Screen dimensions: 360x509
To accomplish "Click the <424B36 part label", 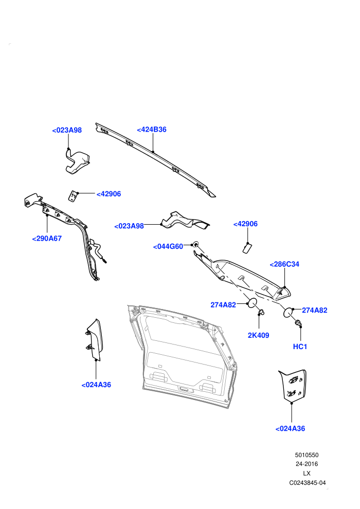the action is [x=152, y=130].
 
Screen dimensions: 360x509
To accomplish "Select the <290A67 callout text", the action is [x=47, y=239].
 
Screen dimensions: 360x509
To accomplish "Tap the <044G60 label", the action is [x=168, y=247].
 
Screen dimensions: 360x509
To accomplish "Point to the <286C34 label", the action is [x=284, y=264].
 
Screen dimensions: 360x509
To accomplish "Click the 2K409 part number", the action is [x=258, y=335].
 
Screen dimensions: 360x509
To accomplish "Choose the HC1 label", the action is [x=300, y=347].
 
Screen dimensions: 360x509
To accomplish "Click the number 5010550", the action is [x=307, y=455].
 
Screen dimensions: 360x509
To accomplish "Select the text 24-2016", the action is [x=307, y=464].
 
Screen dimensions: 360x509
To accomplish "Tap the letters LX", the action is [x=307, y=474].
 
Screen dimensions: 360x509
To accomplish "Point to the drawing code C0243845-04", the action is [x=308, y=483].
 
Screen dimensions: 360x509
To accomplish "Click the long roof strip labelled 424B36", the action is [x=156, y=158].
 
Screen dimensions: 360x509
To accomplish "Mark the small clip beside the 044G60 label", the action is [x=196, y=244].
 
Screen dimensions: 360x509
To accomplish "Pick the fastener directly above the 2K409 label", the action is [x=261, y=312].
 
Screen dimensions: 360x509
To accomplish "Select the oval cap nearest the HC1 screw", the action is [x=288, y=312].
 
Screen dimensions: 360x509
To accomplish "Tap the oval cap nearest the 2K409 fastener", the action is [x=252, y=303].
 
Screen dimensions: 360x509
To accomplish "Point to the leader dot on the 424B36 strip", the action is [x=153, y=151].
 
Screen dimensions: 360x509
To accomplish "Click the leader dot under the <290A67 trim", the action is [x=47, y=214].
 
